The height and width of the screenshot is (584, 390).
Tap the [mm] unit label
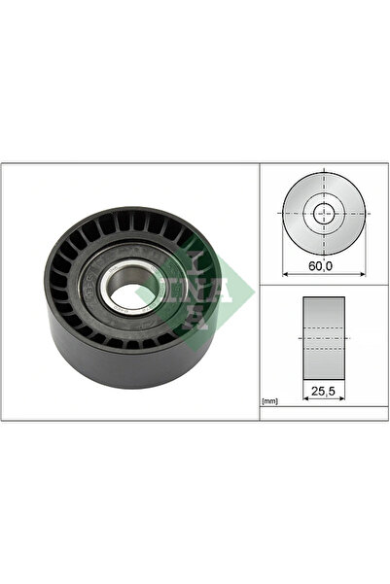point(271,399)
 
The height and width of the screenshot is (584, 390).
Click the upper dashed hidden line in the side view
point(324,328)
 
